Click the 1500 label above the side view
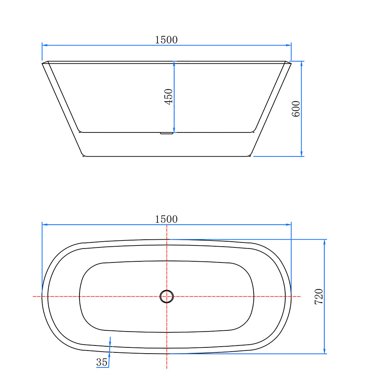pos(166,40)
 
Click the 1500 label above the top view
pos(166,219)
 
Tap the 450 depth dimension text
pos(169,97)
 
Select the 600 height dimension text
pos(296,109)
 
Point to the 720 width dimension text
pos(319,296)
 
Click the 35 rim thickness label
pos(102,362)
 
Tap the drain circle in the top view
pos(167,296)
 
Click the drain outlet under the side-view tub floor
pos(166,134)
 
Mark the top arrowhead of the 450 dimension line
pos(174,64)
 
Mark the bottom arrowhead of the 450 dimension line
pos(174,130)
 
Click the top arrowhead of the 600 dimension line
pos(301,64)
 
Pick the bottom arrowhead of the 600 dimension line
pos(301,154)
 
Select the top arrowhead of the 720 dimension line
pos(324,242)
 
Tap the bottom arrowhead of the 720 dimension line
pos(324,351)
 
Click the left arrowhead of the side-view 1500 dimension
pos(45,45)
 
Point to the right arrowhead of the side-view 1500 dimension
pos(288,45)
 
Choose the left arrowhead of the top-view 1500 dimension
pos(45,224)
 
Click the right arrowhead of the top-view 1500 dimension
pos(288,224)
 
